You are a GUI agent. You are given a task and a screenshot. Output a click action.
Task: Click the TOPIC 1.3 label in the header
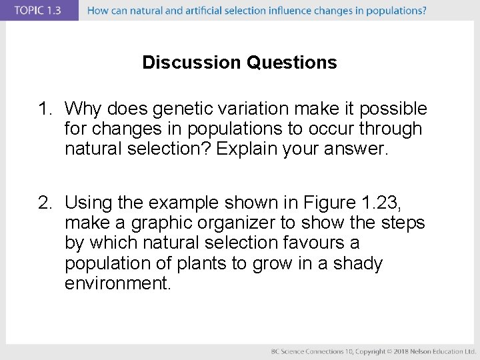coord(38,10)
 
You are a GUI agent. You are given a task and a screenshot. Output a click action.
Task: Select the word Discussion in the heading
coord(192,63)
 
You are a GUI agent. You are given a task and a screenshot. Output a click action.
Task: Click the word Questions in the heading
coord(292,63)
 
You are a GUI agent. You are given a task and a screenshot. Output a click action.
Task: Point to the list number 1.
coord(44,108)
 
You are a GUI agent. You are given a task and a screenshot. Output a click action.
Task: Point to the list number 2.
coord(44,201)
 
